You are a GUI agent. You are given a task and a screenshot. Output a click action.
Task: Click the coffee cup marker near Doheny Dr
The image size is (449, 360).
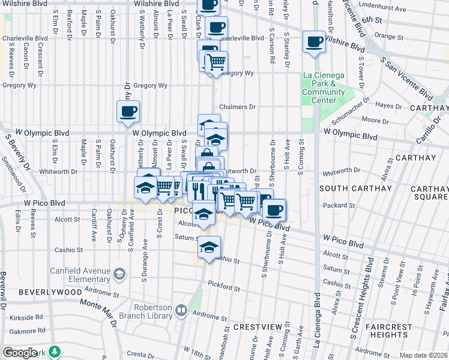[x=128, y=112]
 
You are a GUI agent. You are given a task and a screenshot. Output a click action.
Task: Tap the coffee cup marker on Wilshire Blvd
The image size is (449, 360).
[x=314, y=42]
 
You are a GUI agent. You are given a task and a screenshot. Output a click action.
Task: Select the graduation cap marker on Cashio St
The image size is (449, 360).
[x=209, y=247]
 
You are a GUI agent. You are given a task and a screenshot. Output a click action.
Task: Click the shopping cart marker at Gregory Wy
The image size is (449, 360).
[x=216, y=62]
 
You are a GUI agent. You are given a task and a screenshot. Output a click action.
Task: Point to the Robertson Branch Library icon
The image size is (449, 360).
[x=181, y=310]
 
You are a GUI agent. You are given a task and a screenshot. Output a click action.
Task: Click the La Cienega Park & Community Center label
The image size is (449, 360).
[x=324, y=88]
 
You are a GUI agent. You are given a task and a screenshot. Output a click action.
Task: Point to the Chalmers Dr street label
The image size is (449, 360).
[x=237, y=107]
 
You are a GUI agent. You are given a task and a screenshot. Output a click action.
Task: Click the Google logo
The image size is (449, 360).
[x=20, y=352]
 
